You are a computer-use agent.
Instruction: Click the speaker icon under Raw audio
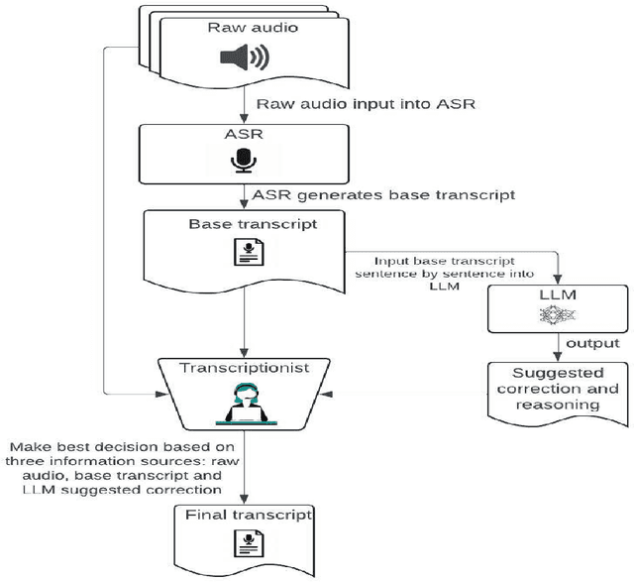point(243,59)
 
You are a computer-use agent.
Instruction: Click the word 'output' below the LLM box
point(592,343)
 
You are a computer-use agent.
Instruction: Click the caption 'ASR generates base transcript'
point(383,194)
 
